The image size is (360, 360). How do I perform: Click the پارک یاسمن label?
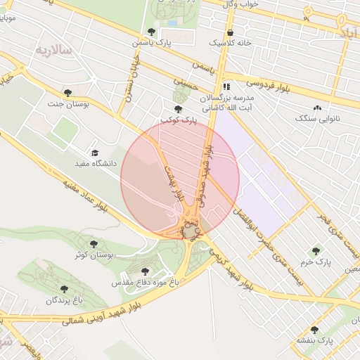coord(151,44)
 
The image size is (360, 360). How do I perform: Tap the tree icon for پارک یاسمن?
coord(151,32)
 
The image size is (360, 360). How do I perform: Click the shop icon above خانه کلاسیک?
coord(230,32)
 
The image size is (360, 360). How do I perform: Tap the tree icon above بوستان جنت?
coord(67,93)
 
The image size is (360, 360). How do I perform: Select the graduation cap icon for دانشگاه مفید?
coord(94,153)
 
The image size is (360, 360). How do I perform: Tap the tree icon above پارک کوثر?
coord(178,109)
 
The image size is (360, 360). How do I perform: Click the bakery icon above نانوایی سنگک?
coord(317,108)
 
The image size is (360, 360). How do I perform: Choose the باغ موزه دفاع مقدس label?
coord(141,283)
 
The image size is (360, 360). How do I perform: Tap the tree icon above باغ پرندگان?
coord(64,289)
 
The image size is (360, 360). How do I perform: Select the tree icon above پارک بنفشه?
coord(314,329)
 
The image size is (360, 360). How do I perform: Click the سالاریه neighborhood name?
coord(54,50)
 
